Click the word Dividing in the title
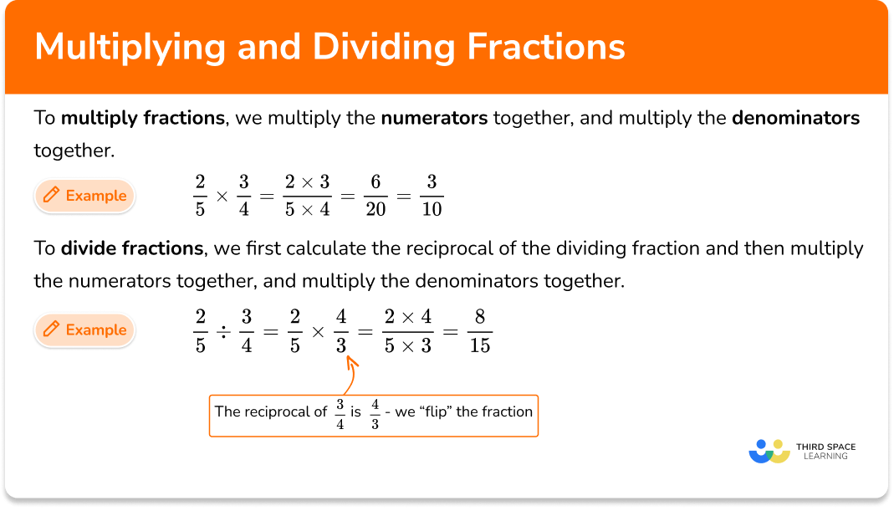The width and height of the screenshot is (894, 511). click(384, 48)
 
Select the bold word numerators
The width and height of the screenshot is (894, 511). click(435, 118)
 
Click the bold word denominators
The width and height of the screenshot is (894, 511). click(795, 118)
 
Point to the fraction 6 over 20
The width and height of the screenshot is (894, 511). click(375, 196)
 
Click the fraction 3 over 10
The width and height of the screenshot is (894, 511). click(432, 196)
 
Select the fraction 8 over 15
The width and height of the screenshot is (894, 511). click(480, 331)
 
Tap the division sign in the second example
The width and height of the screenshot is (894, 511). click(223, 332)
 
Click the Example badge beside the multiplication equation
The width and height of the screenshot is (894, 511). click(84, 196)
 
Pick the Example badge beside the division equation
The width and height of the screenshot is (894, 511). click(84, 330)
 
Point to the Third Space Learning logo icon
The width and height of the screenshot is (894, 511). click(769, 451)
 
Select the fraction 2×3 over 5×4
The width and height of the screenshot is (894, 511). click(307, 196)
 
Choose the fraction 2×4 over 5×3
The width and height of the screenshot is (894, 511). click(407, 331)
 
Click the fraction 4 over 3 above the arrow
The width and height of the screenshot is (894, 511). click(341, 331)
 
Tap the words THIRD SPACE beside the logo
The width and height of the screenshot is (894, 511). click(825, 447)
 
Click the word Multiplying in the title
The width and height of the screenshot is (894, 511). click(130, 48)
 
